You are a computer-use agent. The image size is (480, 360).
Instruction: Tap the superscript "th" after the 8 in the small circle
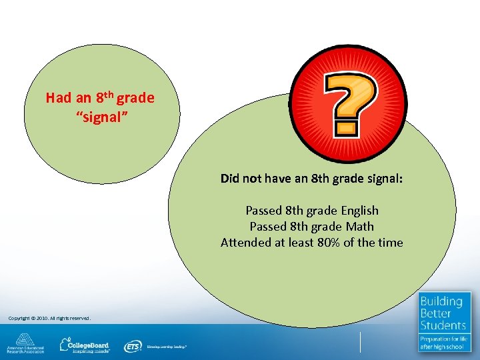click(x=109, y=94)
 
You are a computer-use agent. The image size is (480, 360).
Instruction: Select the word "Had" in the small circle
click(x=58, y=98)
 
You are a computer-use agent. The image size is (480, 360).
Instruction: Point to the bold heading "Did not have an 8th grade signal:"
click(x=312, y=179)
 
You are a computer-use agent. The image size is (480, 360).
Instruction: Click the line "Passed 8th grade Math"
click(x=312, y=227)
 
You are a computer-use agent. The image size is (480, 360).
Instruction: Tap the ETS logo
click(x=133, y=346)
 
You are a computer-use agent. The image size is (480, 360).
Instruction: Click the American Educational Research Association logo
click(x=25, y=343)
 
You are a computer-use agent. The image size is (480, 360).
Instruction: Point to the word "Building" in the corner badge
click(x=441, y=302)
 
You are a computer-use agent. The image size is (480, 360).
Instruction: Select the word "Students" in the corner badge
click(x=443, y=325)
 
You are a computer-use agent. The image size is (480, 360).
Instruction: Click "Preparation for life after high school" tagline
click(x=444, y=343)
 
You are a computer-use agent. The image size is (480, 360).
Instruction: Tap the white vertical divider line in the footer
click(x=360, y=342)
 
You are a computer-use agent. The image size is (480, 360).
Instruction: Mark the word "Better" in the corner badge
click(x=435, y=313)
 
